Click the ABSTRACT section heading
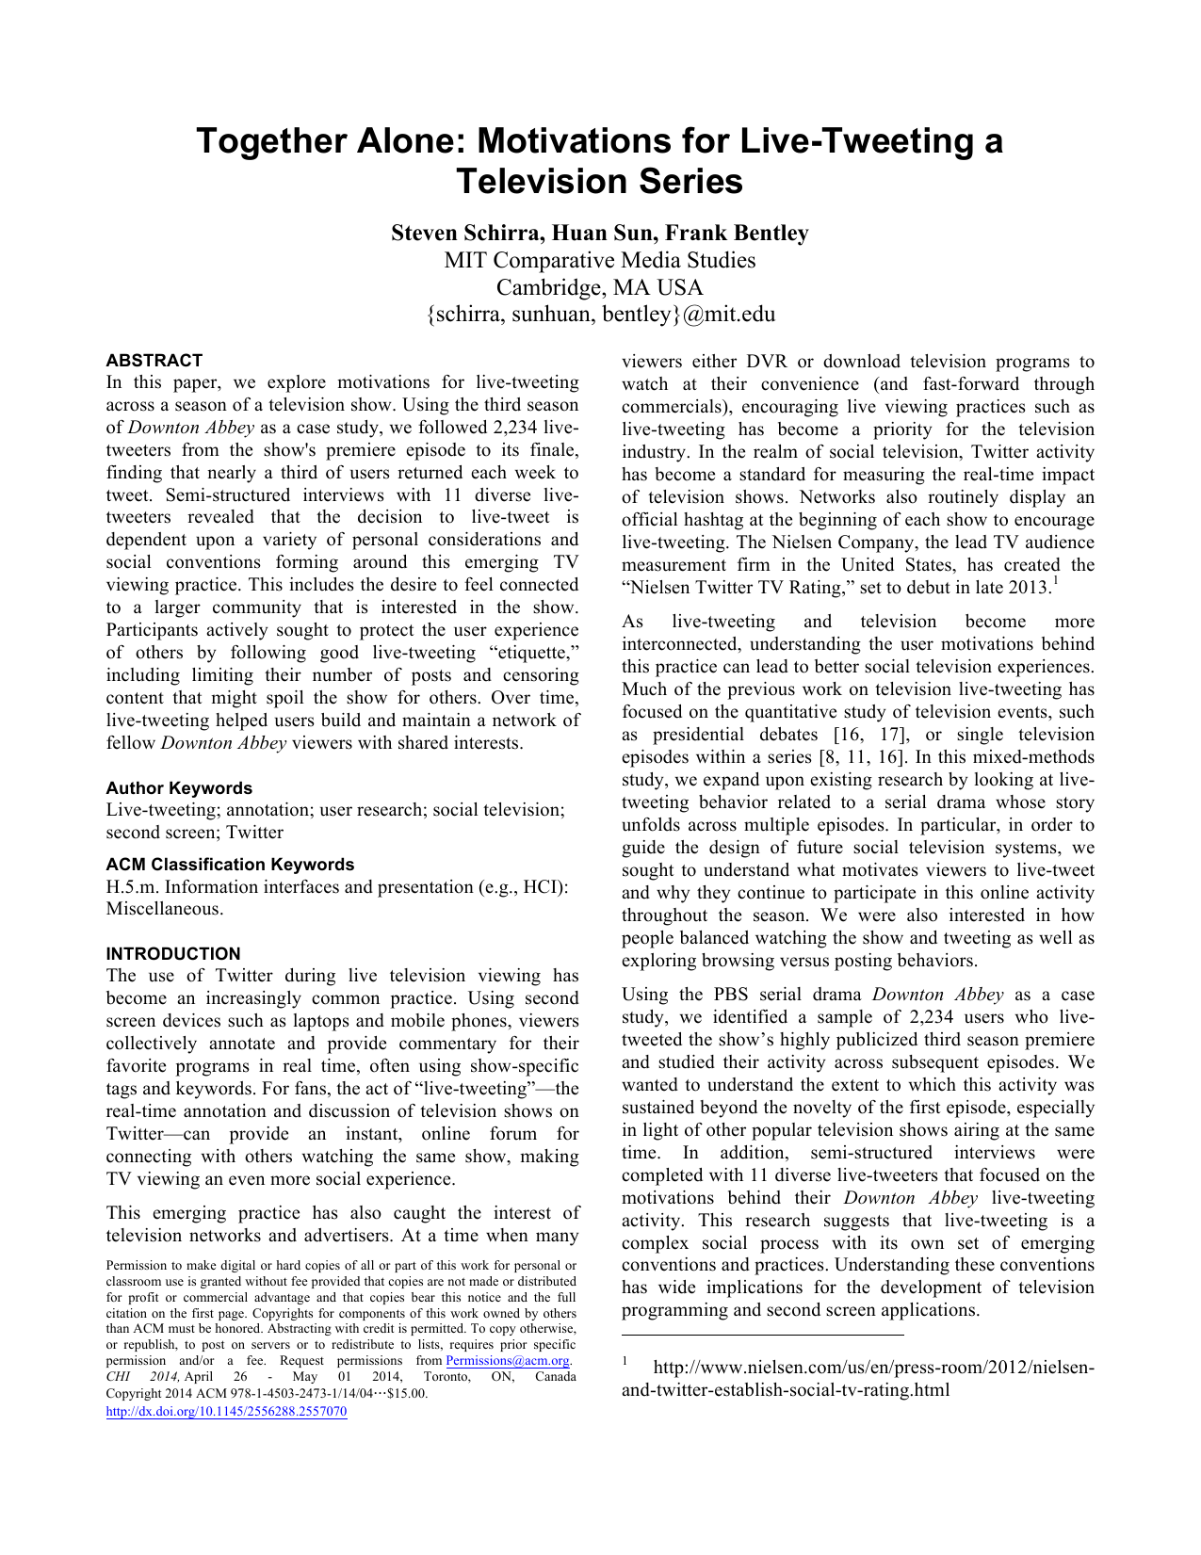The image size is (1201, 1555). pyautogui.click(x=154, y=361)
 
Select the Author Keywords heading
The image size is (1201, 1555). pyautogui.click(x=179, y=788)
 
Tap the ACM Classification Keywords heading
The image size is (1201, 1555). pyautogui.click(x=230, y=865)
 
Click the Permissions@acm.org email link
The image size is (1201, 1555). pyautogui.click(x=508, y=1361)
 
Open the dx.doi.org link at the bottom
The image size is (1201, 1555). pyautogui.click(x=226, y=1412)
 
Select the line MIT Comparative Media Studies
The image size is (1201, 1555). pyautogui.click(x=599, y=260)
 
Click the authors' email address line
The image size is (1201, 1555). pyautogui.click(x=600, y=315)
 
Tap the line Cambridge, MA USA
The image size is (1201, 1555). pyautogui.click(x=599, y=287)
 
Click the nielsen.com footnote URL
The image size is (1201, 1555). pyautogui.click(x=857, y=1379)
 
